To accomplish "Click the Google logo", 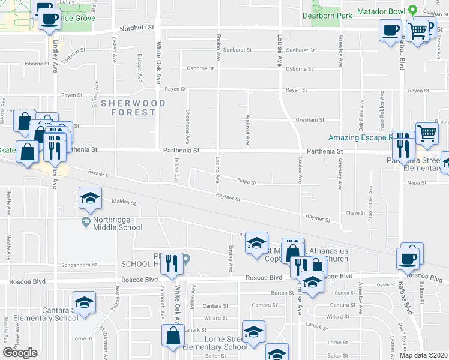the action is point(20,353).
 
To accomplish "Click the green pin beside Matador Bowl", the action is point(412,11).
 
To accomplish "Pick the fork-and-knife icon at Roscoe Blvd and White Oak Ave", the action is point(173,264).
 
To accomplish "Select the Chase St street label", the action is point(355,213).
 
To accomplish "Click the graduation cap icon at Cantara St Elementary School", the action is point(84,303).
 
